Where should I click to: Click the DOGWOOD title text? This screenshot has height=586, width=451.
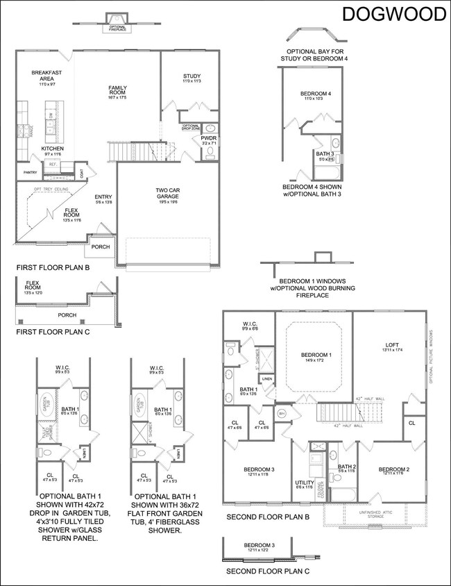tap(393, 15)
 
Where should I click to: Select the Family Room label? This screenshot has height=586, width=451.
tap(117, 90)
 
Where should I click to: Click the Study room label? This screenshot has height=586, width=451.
tap(192, 78)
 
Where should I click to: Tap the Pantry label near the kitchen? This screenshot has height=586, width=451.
tap(29, 172)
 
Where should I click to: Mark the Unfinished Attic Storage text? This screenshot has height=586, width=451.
tap(381, 514)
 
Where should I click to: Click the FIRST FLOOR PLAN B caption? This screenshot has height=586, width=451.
tap(53, 267)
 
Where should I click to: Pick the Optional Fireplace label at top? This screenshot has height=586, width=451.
tap(115, 28)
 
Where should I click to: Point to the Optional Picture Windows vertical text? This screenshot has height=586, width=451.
tap(431, 355)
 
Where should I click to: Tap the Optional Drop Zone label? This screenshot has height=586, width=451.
tap(192, 127)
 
